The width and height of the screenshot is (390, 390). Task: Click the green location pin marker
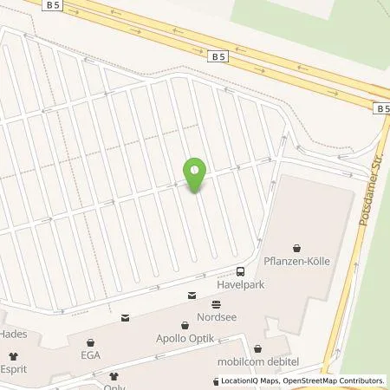[x=197, y=175]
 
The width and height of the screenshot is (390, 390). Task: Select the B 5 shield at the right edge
[x=382, y=108]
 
